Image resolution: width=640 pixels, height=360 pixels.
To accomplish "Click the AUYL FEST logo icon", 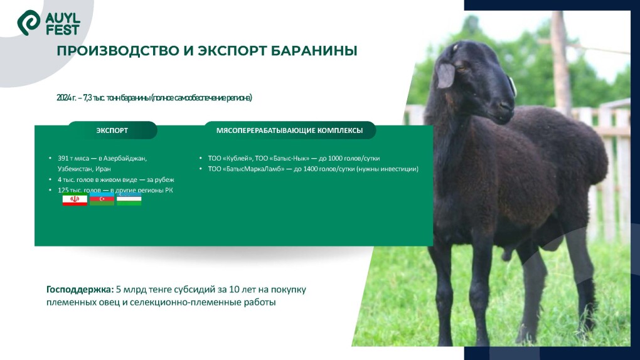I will point(29,23).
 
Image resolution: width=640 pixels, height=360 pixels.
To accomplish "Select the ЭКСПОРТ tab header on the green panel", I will point(112,130).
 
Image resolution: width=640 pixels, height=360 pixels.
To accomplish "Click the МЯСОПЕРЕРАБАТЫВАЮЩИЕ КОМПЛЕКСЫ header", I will point(289,130).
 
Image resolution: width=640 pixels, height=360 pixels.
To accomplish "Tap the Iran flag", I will point(75,200).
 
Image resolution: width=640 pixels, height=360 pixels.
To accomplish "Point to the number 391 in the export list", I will point(63,159).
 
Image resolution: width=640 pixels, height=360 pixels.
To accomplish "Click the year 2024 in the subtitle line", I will point(63,98).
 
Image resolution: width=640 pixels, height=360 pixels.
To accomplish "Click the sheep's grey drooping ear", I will point(446,76).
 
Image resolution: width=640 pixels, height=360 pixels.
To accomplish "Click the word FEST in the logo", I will point(63,29).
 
